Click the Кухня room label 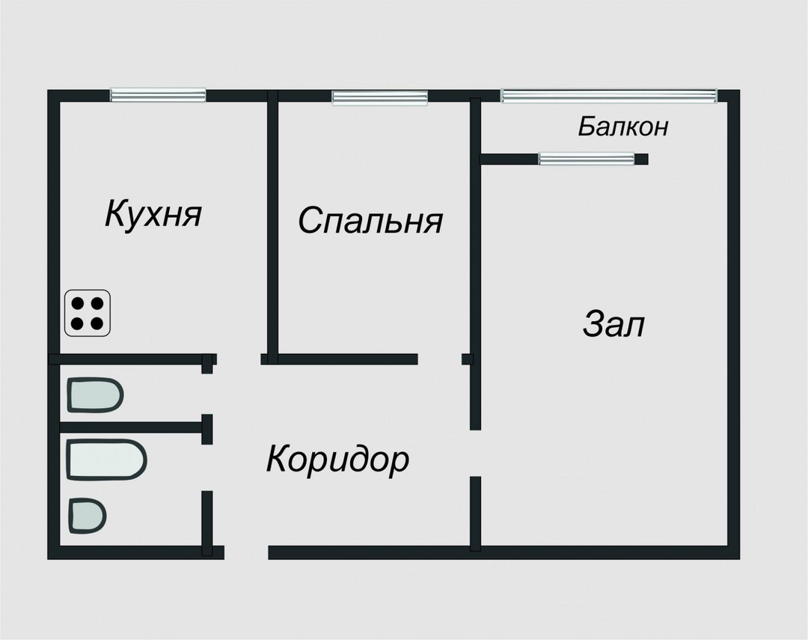point(153,214)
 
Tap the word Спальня point(370,221)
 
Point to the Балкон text point(622,127)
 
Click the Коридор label point(337,459)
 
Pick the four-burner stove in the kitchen point(88,313)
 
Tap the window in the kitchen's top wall point(158,95)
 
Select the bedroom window point(380,97)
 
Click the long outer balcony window point(609,96)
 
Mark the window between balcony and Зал point(587,159)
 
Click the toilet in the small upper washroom point(94,395)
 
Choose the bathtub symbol point(106,460)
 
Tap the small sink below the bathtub point(88,516)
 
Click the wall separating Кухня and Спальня point(272,225)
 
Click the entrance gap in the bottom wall point(246,552)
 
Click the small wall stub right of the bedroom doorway point(467,359)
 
